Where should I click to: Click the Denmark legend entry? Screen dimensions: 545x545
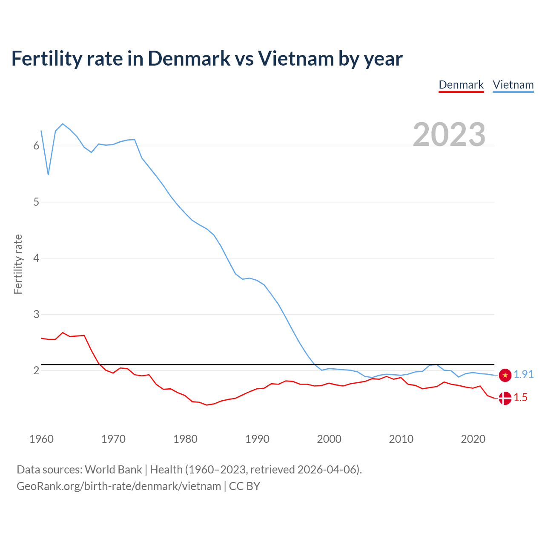(461, 85)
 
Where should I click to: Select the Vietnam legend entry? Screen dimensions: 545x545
(513, 85)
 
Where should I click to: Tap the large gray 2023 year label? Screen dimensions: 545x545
(449, 134)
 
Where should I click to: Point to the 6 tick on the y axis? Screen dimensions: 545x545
(36, 146)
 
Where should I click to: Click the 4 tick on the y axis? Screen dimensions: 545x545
(36, 258)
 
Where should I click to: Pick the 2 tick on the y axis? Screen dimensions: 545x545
(36, 370)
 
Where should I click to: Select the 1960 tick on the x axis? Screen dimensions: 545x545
(41, 439)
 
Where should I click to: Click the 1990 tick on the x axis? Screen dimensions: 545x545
(257, 439)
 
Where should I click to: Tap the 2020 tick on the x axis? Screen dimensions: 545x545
(473, 439)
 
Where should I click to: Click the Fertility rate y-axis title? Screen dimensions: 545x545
(18, 264)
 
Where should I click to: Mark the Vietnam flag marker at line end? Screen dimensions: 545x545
(505, 375)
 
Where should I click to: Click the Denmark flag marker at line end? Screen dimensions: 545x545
(505, 399)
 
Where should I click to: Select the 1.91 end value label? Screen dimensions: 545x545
(523, 374)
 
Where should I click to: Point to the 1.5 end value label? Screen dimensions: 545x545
(520, 398)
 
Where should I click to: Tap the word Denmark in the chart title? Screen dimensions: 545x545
(189, 58)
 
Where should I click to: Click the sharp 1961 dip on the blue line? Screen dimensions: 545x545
(49, 175)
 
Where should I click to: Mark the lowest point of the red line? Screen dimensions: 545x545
(207, 405)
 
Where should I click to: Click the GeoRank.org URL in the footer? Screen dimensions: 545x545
(119, 486)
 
